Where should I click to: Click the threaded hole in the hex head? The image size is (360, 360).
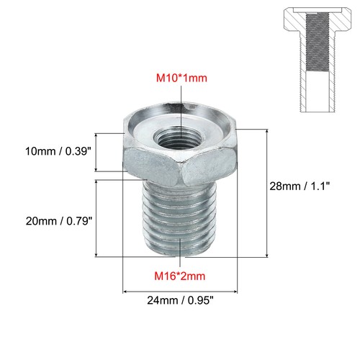[174, 135]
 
